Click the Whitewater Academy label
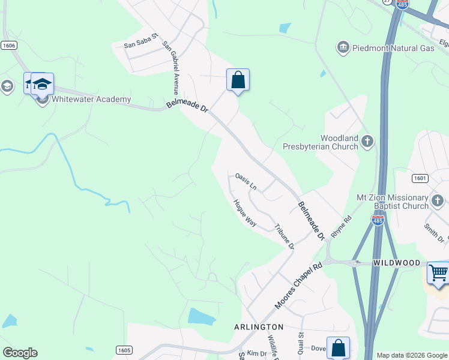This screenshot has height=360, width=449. click(x=92, y=99)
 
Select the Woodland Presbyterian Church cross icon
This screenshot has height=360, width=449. click(x=367, y=142)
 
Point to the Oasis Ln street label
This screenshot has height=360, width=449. click(x=246, y=181)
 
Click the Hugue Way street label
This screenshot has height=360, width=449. click(x=245, y=214)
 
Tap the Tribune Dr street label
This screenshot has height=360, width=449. click(x=284, y=236)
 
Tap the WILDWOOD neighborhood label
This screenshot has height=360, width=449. click(x=397, y=263)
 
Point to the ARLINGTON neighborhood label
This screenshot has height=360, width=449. click(x=258, y=326)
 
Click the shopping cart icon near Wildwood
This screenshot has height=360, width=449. click(x=438, y=273)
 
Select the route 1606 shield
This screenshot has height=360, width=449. click(x=8, y=45)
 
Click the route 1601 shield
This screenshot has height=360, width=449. click(x=420, y=178)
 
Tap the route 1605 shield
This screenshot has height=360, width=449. click(x=124, y=350)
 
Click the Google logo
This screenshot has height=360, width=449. click(x=20, y=353)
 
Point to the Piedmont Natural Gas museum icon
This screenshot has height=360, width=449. click(x=343, y=47)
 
